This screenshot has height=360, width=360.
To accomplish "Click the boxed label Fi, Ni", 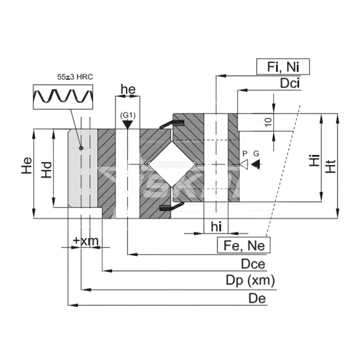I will coord(282,67).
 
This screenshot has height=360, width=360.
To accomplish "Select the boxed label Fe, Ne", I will coord(244,245).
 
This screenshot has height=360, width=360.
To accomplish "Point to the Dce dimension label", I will coord(253,264).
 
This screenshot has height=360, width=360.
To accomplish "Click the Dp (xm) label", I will coord(250,281).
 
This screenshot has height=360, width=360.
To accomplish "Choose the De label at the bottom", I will coord(257,298).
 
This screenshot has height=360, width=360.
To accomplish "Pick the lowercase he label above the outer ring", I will coord(128,89).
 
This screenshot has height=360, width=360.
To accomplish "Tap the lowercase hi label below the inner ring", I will coord(217,226).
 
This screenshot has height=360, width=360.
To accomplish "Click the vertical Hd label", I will coord(47,170).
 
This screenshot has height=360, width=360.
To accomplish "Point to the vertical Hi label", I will coord(313,161).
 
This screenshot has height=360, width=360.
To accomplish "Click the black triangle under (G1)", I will coord(128,124).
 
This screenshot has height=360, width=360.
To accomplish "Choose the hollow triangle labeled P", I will coord(245,164).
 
